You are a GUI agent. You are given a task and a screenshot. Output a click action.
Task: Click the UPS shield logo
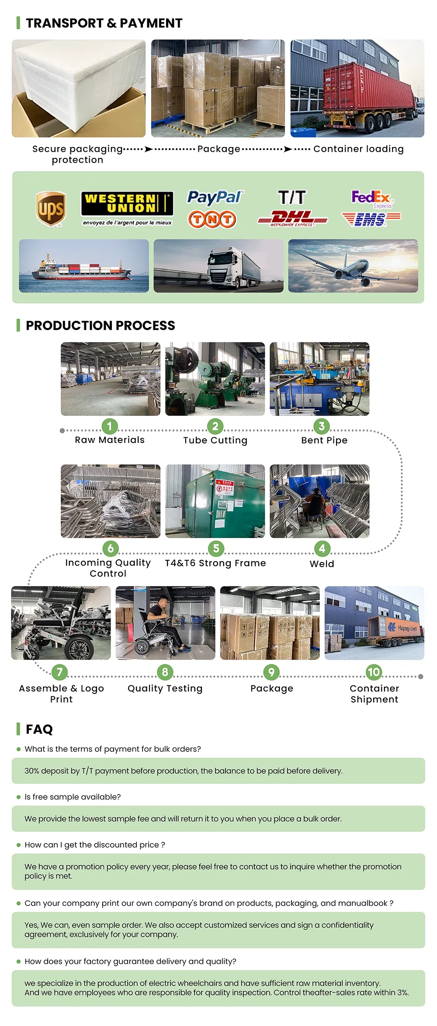coord(51,209)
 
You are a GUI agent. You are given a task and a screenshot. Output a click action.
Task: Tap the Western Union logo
coord(127,204)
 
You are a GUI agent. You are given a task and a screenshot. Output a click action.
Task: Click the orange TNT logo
coord(212,219)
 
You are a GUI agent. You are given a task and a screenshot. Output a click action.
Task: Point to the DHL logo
coord(292,218)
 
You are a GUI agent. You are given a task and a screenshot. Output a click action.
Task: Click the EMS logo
coord(371,219)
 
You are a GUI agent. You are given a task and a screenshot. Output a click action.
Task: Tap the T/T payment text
coord(292,197)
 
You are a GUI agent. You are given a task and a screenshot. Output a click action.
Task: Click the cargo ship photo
coord(84,265)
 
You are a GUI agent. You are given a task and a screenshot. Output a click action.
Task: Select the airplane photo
coord(353,265)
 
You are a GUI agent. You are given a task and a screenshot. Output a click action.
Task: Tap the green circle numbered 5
coord(216,548)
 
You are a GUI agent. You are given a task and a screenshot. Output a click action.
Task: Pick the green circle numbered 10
coord(374,672)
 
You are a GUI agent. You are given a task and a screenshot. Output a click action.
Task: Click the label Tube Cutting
coord(215,440)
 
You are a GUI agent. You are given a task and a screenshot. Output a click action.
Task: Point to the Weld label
coord(322,564)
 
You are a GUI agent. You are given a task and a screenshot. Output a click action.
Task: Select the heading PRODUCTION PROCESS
coord(100,325)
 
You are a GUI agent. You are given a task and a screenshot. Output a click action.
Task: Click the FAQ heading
coord(39,729)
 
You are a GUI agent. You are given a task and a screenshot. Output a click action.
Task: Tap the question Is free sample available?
coord(73,797)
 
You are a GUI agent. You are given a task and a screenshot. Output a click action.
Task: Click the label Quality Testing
coord(165,688)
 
